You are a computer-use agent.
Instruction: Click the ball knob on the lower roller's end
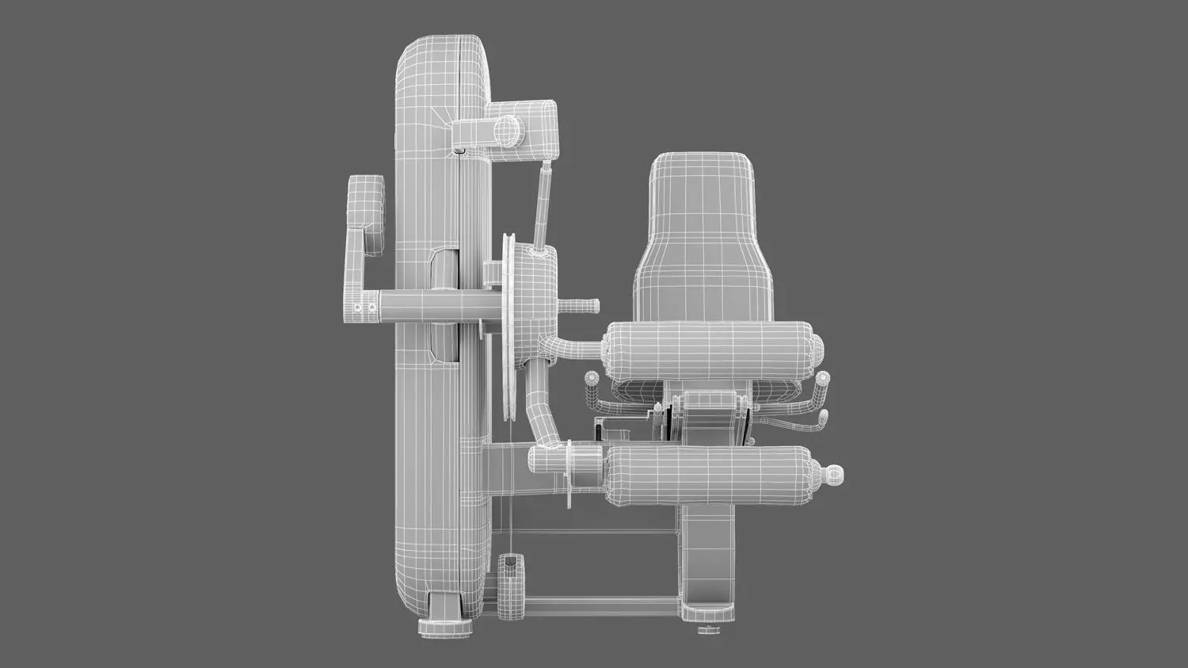pyautogui.click(x=833, y=473)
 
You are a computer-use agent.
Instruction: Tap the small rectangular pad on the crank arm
pyautogui.click(x=365, y=203)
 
